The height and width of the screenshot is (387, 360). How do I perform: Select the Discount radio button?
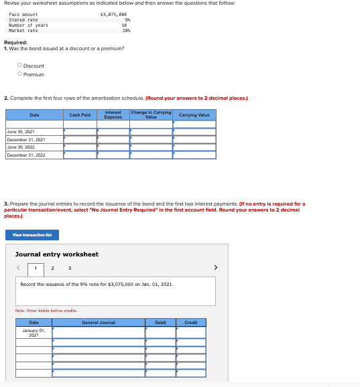click(20, 66)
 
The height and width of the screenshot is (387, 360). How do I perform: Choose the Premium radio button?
click(20, 74)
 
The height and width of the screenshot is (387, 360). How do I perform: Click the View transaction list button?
click(32, 235)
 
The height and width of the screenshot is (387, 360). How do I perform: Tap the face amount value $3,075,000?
click(113, 14)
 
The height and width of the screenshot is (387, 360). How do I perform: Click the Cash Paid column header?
click(80, 115)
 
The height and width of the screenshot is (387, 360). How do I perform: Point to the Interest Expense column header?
click(113, 115)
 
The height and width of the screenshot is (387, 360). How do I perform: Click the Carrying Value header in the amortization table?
click(194, 115)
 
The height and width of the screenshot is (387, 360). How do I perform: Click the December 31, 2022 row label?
click(26, 155)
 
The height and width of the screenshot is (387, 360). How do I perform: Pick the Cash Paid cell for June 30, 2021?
click(80, 132)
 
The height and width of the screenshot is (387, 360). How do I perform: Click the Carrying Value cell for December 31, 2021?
click(194, 139)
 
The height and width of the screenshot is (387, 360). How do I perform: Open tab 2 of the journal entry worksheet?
click(52, 268)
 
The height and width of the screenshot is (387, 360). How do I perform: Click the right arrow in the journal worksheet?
click(215, 268)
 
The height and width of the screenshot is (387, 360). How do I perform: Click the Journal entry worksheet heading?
click(56, 254)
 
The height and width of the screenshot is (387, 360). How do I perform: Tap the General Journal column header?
click(99, 322)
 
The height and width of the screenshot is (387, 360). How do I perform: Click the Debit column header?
click(161, 322)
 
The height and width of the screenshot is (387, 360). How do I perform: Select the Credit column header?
click(191, 322)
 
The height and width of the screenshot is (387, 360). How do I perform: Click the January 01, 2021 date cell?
click(34, 332)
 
